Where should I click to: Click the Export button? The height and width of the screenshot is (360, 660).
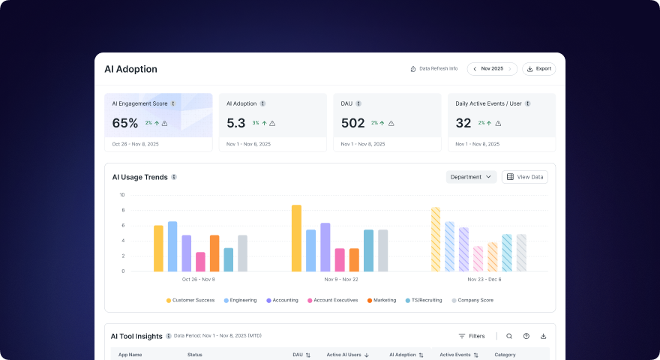(x=538, y=69)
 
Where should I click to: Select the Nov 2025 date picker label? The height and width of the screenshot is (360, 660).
(x=492, y=69)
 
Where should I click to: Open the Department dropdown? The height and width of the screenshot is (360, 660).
(x=471, y=177)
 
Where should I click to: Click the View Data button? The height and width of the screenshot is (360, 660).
(x=524, y=177)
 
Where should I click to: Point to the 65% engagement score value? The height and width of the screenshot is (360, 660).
(x=125, y=123)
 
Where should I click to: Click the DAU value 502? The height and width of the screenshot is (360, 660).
(x=352, y=123)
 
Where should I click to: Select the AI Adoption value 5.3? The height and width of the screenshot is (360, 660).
(x=236, y=123)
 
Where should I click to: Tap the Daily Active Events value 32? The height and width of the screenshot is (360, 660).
(x=463, y=123)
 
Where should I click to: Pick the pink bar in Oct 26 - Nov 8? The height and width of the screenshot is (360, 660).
(x=200, y=262)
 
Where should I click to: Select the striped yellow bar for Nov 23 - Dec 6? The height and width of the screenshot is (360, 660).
(x=436, y=239)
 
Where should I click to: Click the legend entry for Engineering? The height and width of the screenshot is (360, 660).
(x=240, y=300)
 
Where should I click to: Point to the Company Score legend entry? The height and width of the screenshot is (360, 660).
(x=472, y=300)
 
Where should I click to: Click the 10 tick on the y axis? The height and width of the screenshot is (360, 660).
(x=121, y=195)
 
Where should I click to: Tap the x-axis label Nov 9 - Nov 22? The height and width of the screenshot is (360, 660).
(x=340, y=279)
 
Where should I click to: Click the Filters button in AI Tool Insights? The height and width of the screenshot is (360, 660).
(x=472, y=336)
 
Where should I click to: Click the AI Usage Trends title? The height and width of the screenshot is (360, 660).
(x=139, y=178)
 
